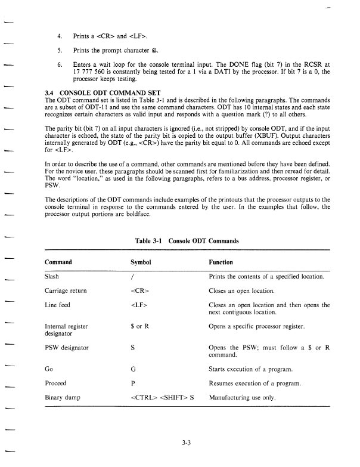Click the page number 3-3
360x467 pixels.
tap(186, 443)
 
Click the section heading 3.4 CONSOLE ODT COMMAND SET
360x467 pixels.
tap(98, 93)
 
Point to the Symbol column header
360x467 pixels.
tap(141, 262)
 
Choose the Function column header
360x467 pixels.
tap(221, 262)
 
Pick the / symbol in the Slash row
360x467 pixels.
tap(132, 276)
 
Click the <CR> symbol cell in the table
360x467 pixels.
tap(139, 291)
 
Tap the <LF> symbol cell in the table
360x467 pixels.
tap(138, 305)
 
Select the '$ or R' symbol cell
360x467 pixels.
tap(139, 327)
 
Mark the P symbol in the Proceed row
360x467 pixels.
tap(132, 383)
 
